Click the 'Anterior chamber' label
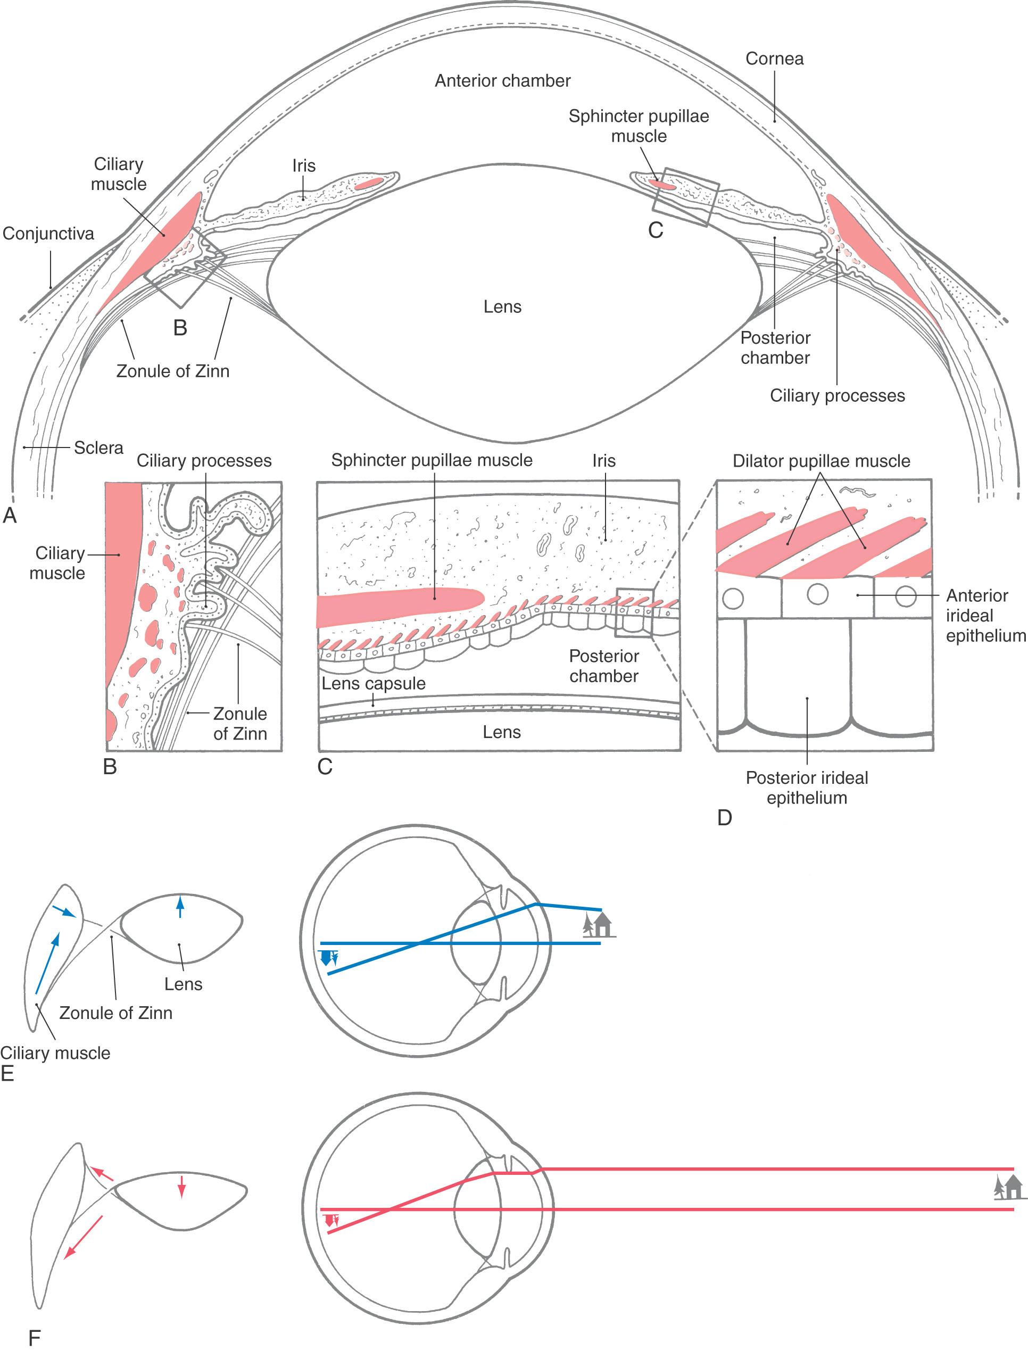502,81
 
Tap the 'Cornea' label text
774,59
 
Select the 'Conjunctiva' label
48,234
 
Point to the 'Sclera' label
98,448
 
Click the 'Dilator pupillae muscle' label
821,461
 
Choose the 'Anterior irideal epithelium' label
984,616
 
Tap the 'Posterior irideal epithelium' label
807,788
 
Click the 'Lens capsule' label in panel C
374,683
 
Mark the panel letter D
725,817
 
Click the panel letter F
34,1338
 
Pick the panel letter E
7,1073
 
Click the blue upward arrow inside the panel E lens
179,907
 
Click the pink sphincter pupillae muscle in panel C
398,607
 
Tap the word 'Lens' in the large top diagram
502,306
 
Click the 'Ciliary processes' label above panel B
204,461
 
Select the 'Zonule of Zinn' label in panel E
115,1013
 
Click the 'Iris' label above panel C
604,461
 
